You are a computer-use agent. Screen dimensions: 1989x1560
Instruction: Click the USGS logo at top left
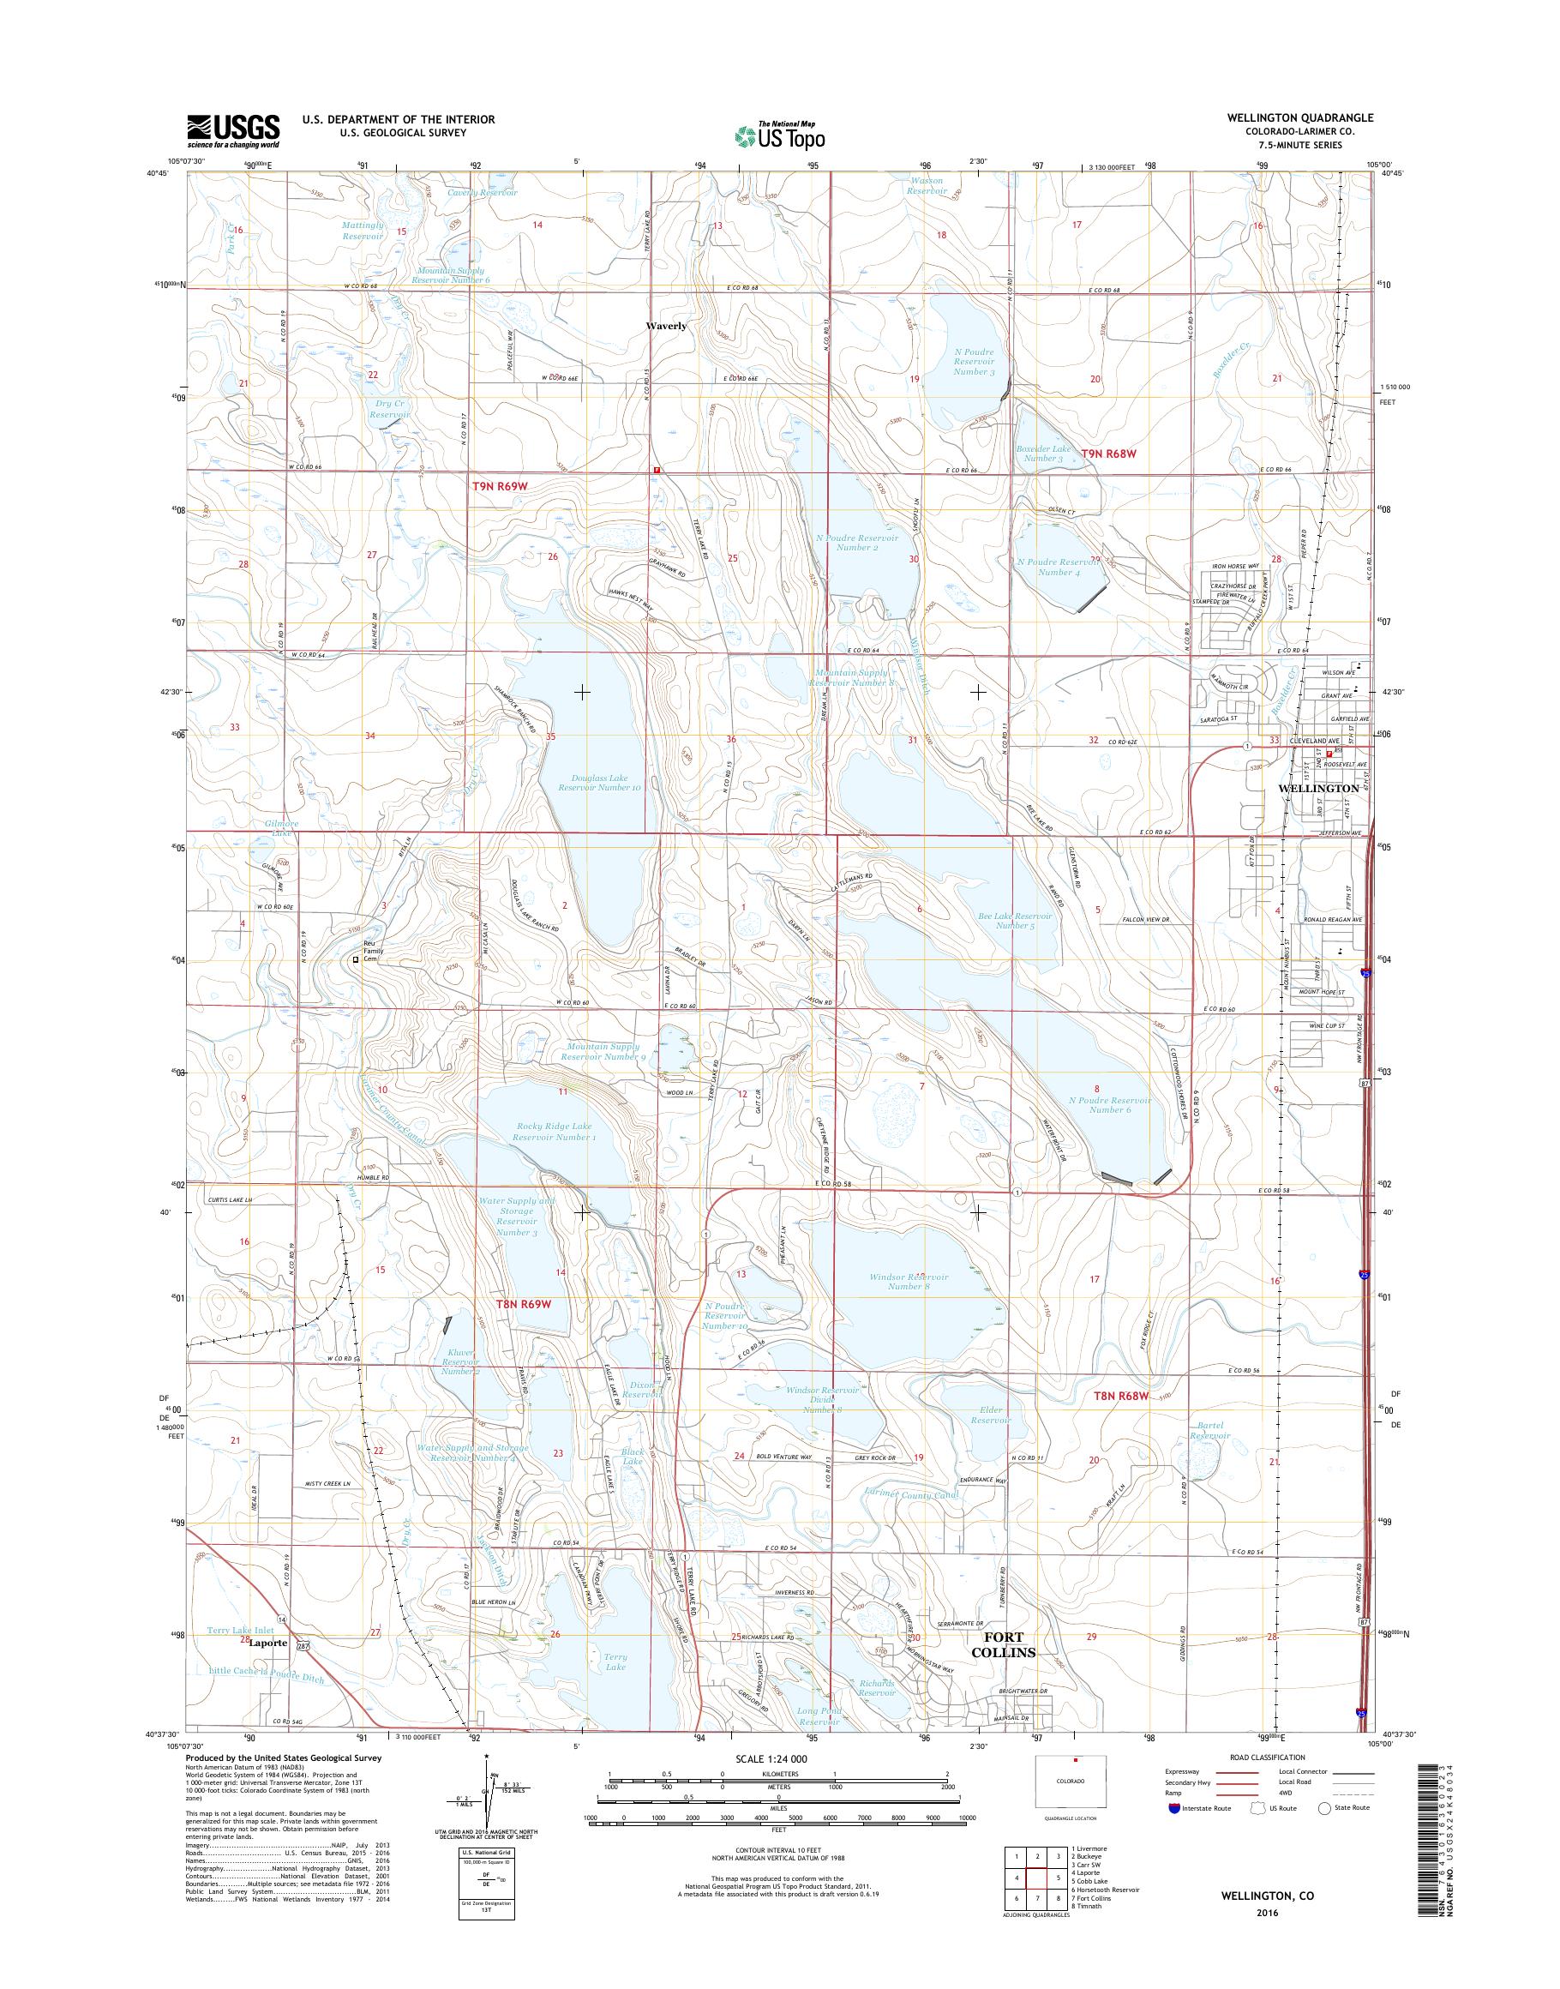234,130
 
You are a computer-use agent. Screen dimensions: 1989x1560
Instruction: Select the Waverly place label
666,325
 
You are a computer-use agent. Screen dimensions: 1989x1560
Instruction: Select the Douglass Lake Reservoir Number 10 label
600,780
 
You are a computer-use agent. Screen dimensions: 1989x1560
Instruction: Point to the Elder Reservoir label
990,1440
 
